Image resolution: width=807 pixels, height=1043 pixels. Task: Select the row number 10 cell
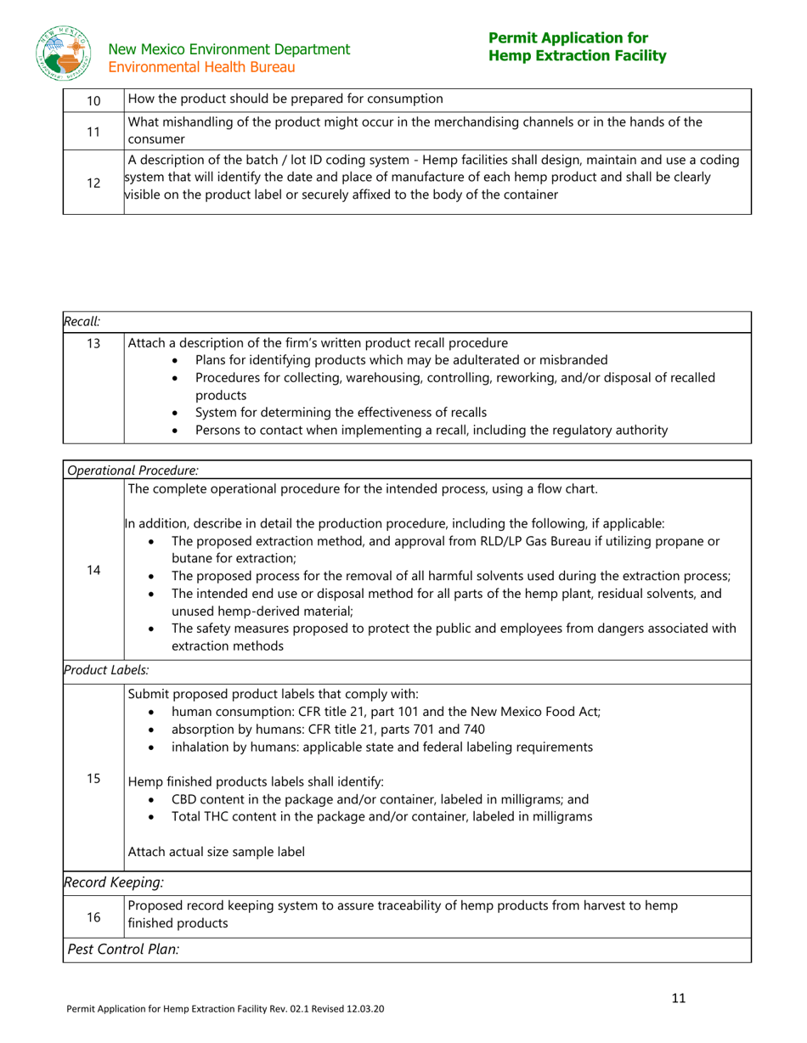coord(93,99)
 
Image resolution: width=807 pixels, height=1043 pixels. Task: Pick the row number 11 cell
coord(93,130)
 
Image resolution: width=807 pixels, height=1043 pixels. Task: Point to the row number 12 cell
coord(93,182)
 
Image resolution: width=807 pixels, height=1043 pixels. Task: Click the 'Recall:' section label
coord(82,321)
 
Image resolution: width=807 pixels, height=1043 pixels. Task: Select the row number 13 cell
coord(93,344)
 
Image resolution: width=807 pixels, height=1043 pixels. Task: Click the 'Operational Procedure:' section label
coord(133,470)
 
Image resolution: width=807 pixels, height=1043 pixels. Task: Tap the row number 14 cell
coord(93,570)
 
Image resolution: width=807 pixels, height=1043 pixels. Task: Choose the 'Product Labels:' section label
coord(95,670)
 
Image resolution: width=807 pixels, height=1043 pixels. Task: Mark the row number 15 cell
coord(93,777)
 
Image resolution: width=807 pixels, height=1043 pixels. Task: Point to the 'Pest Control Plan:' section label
coord(123,949)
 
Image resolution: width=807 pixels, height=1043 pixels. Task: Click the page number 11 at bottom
coord(678,998)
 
